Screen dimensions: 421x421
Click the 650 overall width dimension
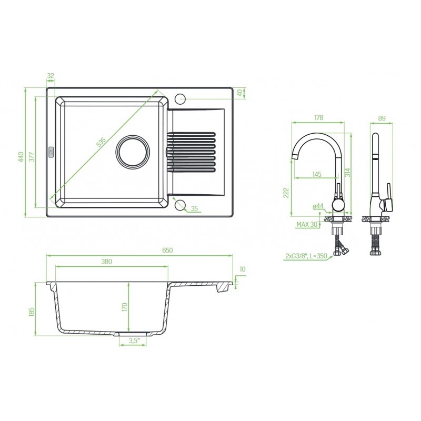click(x=167, y=250)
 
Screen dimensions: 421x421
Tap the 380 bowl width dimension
click(x=107, y=261)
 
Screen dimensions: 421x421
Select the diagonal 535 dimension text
click(x=102, y=142)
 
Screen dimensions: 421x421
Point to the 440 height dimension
click(x=21, y=157)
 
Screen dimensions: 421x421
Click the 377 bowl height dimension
click(x=32, y=157)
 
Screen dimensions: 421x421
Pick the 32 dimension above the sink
click(x=51, y=76)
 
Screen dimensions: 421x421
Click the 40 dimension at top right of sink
click(x=240, y=93)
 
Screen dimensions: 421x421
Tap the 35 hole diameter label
click(x=194, y=208)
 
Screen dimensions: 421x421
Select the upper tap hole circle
click(x=180, y=98)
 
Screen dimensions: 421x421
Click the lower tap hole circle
click(x=180, y=205)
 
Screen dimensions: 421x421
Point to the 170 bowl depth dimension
click(x=124, y=307)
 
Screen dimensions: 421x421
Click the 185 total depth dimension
click(x=32, y=312)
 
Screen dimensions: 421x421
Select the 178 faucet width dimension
click(x=318, y=117)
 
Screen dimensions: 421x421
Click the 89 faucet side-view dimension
click(x=382, y=118)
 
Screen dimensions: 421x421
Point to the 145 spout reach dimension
click(x=317, y=174)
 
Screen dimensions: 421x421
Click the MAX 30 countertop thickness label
click(x=307, y=224)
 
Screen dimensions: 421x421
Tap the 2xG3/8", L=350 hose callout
click(x=306, y=256)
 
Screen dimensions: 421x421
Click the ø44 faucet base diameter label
click(x=318, y=206)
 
